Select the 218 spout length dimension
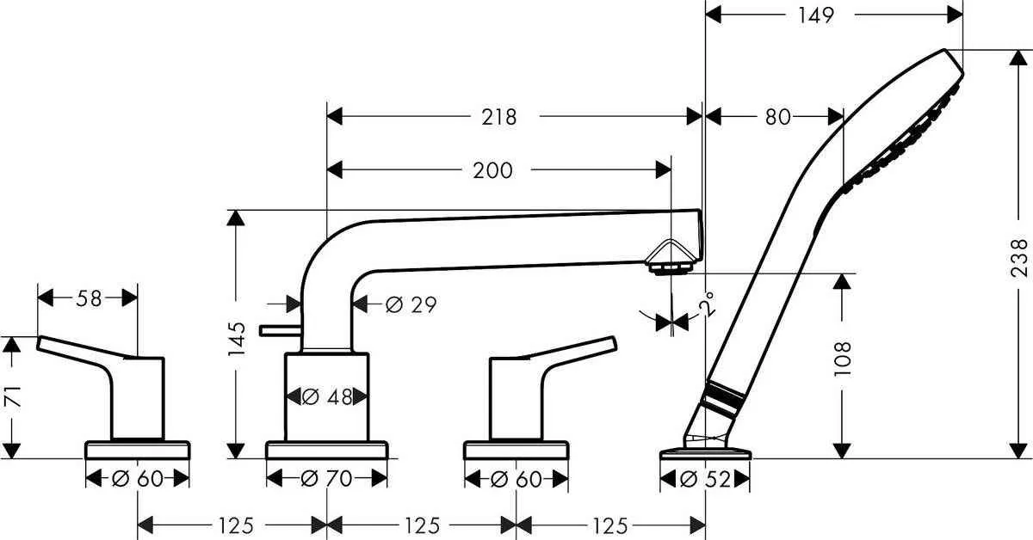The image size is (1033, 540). click(x=498, y=117)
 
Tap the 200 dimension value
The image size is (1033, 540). click(x=492, y=170)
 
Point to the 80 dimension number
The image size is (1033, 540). click(x=777, y=117)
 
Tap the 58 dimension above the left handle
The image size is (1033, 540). click(x=89, y=298)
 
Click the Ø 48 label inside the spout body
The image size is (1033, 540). click(x=327, y=396)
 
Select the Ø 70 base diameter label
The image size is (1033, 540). click(x=327, y=479)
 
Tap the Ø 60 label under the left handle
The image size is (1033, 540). click(x=138, y=479)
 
